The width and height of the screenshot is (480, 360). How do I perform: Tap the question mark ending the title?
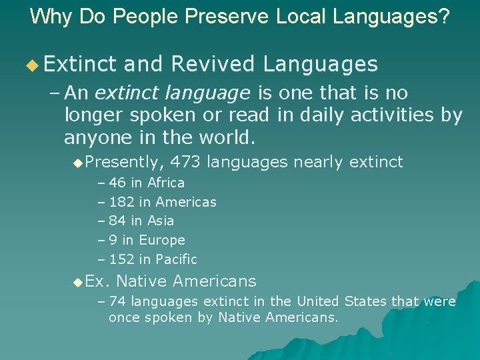(444, 16)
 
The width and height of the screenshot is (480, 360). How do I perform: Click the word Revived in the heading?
(213, 64)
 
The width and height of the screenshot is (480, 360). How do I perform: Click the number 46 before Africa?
(117, 183)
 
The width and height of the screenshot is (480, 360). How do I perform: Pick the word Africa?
(166, 183)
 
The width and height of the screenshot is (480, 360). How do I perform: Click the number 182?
(121, 201)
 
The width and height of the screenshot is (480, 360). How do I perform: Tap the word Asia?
(160, 221)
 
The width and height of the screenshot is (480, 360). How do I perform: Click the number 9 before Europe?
(113, 240)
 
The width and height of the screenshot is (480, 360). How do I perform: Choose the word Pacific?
(176, 259)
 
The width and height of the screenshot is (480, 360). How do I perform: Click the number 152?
(121, 259)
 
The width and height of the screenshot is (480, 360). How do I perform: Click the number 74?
(117, 302)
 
